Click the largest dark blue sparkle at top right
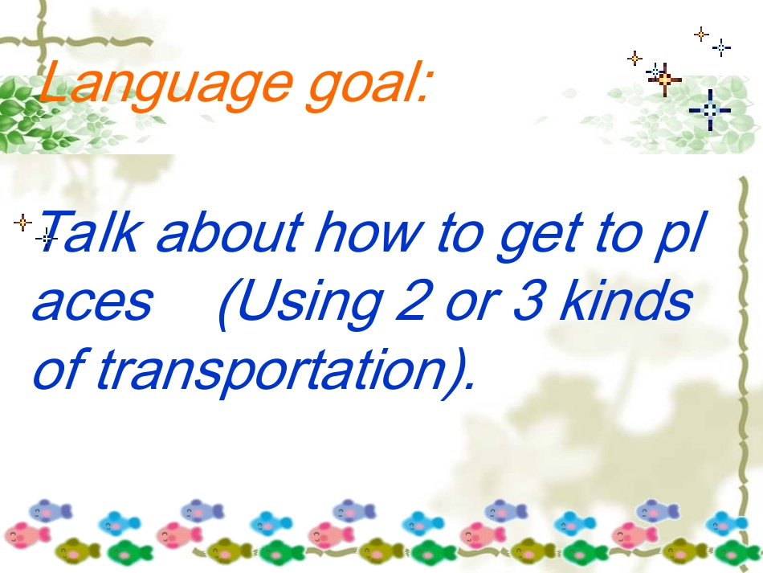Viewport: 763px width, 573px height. (710, 110)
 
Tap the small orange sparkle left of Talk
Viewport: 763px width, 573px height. (22, 222)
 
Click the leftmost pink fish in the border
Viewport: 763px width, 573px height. (27, 534)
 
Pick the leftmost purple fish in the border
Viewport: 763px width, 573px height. (50, 510)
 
